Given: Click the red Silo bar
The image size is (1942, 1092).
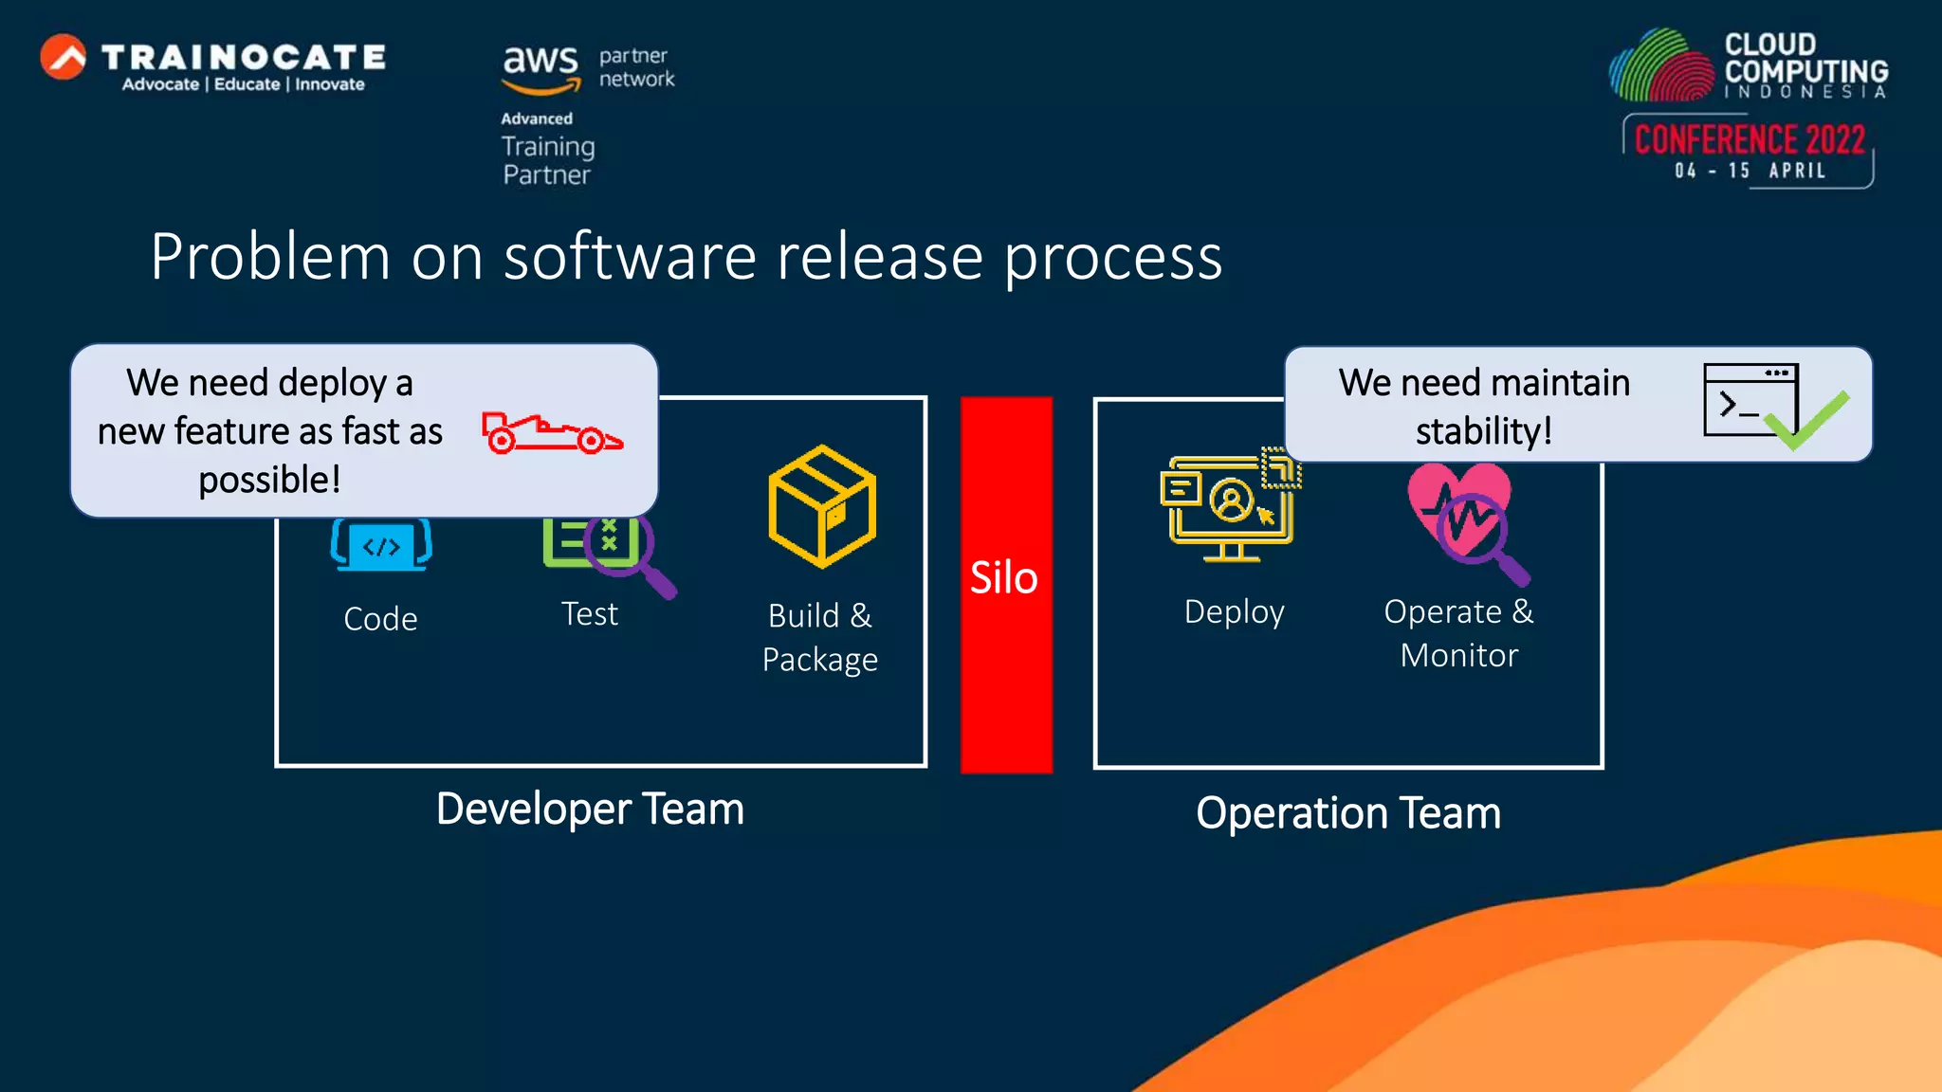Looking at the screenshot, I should pos(1006,584).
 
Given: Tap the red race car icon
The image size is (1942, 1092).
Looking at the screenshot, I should pos(550,433).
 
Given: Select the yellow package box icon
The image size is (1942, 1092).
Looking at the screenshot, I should pos(821,506).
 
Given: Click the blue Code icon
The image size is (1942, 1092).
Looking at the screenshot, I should pos(381,545).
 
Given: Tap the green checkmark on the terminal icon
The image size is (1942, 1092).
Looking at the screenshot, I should pos(1807,419).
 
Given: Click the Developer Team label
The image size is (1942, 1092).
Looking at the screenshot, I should pos(590,810).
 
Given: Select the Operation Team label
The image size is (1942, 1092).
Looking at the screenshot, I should pos(1348,813).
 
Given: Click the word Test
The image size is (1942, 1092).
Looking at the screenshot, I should pos(590,614).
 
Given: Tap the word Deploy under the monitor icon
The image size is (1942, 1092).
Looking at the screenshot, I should pos(1234,612).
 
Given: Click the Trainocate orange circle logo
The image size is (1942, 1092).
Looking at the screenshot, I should pos(64,57).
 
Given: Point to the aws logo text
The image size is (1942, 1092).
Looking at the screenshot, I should pos(540,61).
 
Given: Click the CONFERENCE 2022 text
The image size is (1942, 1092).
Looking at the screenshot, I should pos(1750,140).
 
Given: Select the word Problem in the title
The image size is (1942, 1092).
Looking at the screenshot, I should pos(270,257).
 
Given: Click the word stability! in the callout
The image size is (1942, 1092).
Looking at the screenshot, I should pos(1484,431).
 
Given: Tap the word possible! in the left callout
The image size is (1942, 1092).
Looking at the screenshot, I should pos(269,480).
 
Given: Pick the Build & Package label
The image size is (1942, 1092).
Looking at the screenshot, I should pos(820,637).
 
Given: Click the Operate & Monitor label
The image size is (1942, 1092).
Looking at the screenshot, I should pos(1458,633).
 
